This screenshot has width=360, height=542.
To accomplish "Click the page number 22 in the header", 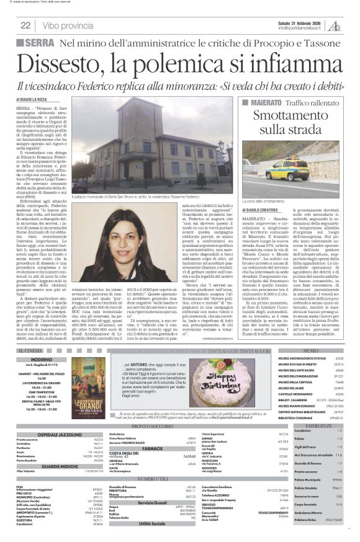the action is tap(25, 25).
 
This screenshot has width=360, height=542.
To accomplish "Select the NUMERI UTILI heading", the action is tap(150, 479).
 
